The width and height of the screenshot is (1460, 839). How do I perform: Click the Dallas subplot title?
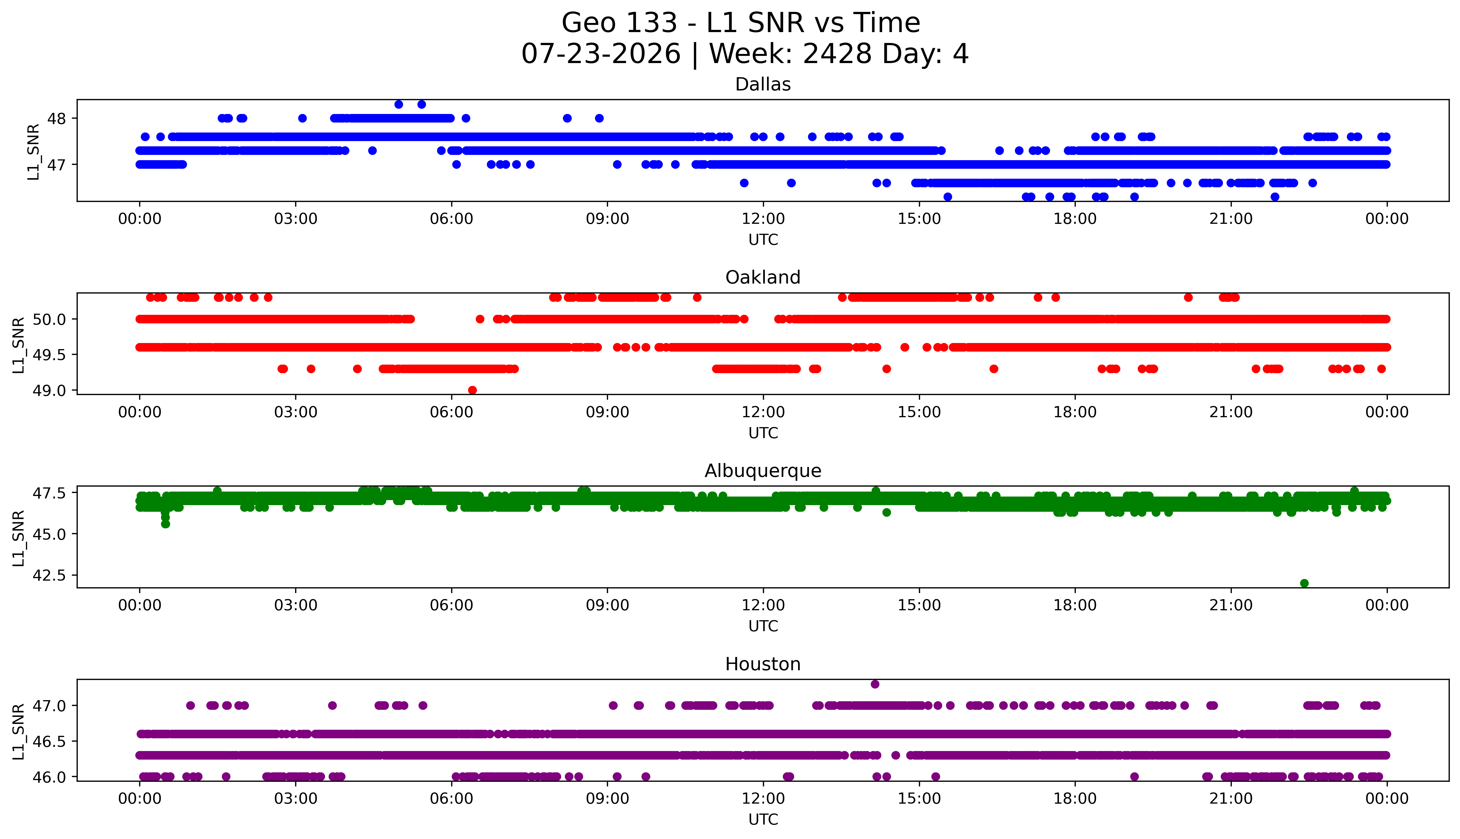tap(763, 85)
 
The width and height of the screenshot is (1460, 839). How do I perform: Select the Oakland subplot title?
tap(763, 278)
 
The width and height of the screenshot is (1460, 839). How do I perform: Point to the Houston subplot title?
tap(763, 664)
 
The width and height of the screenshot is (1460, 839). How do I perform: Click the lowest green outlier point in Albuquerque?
tap(1305, 583)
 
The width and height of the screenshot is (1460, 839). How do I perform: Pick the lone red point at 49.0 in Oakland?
tap(472, 390)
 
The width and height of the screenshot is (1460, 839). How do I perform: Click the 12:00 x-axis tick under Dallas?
tap(763, 219)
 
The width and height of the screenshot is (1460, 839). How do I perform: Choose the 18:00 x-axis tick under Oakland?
tap(1075, 412)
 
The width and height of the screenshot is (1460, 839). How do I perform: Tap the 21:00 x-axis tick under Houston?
tap(1231, 799)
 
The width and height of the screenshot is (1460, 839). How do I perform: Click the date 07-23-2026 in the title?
tap(601, 54)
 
